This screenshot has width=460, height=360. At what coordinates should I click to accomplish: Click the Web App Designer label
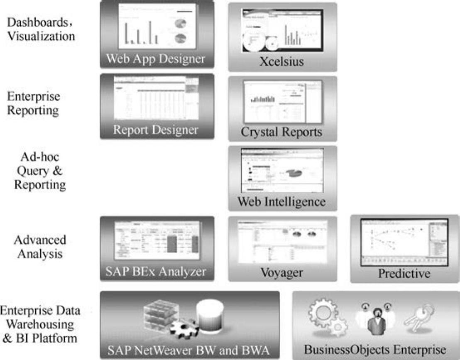[x=156, y=59]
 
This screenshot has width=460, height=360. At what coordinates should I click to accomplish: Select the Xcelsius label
[x=282, y=62]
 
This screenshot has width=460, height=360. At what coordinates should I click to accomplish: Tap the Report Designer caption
[x=156, y=130]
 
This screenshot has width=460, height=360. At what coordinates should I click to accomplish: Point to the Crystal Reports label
[x=282, y=132]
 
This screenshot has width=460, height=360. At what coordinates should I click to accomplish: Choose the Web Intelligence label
[x=282, y=202]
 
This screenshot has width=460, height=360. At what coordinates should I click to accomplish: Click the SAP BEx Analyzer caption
[x=156, y=272]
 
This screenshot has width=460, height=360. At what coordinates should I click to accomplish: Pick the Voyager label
[x=282, y=273]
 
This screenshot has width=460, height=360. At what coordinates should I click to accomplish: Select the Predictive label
[x=404, y=274]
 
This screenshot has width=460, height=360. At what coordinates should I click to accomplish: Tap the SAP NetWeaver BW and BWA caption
[x=190, y=349]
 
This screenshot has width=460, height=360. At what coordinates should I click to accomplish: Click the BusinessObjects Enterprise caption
[x=376, y=348]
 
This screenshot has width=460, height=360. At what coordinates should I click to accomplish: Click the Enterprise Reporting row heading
[x=34, y=103]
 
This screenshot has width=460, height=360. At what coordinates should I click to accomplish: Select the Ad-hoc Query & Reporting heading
[x=40, y=171]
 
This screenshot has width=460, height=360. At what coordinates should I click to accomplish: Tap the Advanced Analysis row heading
[x=40, y=247]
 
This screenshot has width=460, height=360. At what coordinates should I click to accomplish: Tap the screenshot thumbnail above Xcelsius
[x=282, y=30]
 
